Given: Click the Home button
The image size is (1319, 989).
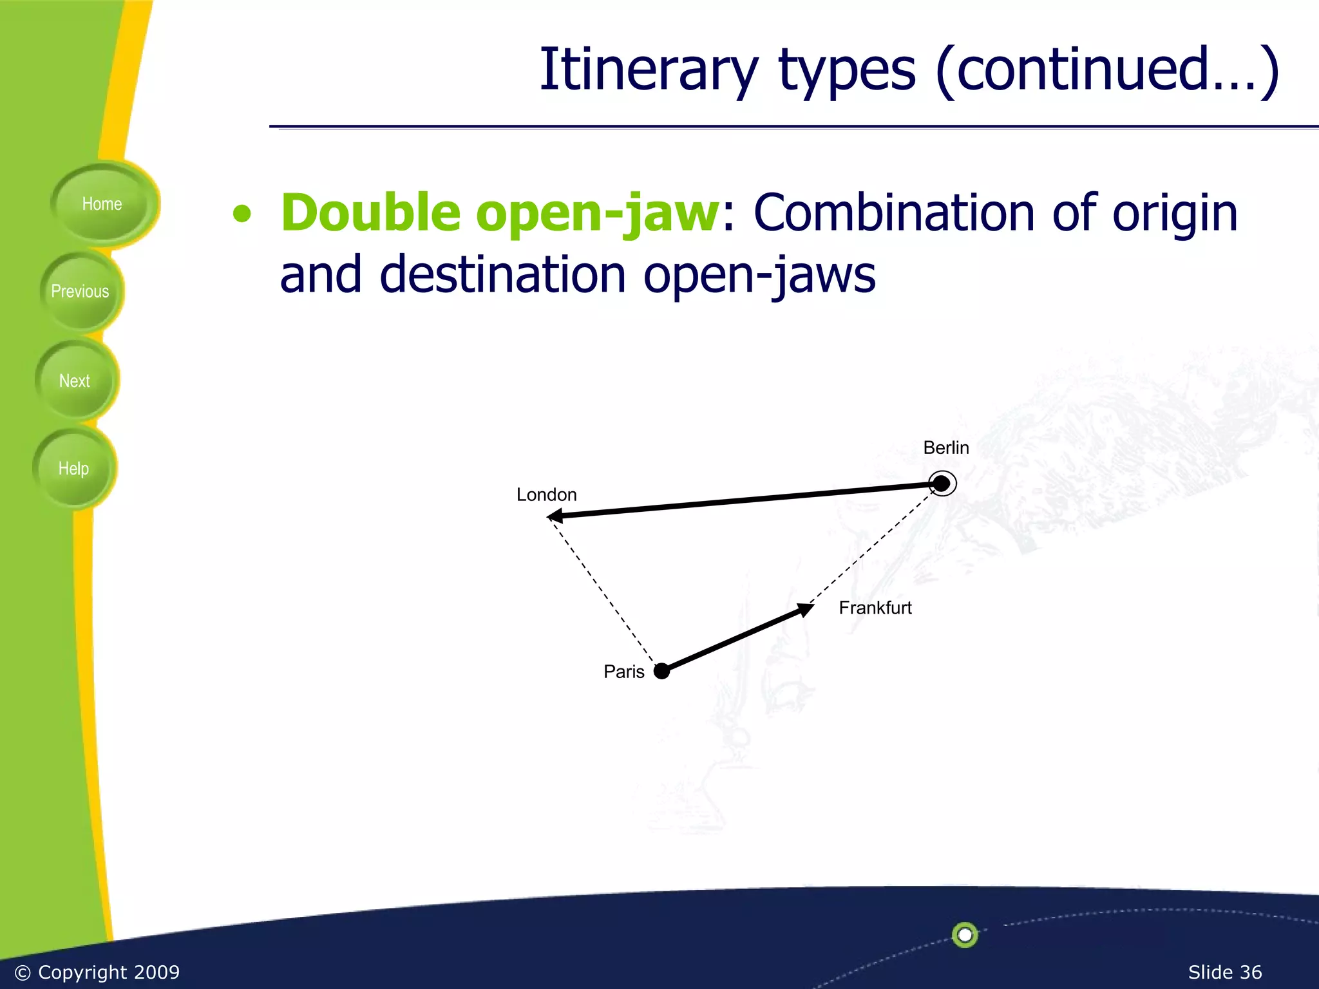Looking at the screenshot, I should pos(102,204).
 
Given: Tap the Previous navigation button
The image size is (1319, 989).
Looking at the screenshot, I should pos(80,292).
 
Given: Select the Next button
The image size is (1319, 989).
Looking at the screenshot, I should pos(75,381).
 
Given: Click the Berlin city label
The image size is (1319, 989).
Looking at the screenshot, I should pos(945,448).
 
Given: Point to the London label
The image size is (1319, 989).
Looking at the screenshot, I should pos(546,495).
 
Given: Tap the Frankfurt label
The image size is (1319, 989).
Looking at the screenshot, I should pos(875,608).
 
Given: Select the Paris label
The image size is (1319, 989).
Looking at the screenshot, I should pos(623,672).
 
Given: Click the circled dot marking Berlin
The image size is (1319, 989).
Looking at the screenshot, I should pos(942,484).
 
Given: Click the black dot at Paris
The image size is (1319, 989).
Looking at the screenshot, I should pos(661,672).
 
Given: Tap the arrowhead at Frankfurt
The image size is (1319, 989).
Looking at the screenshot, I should pos(804,608).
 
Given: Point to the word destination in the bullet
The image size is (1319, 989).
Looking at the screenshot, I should pos(502,275).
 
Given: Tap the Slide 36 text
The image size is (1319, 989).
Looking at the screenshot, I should pos(1224,972).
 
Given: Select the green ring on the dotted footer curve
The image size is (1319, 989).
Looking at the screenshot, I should pos(965,934).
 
